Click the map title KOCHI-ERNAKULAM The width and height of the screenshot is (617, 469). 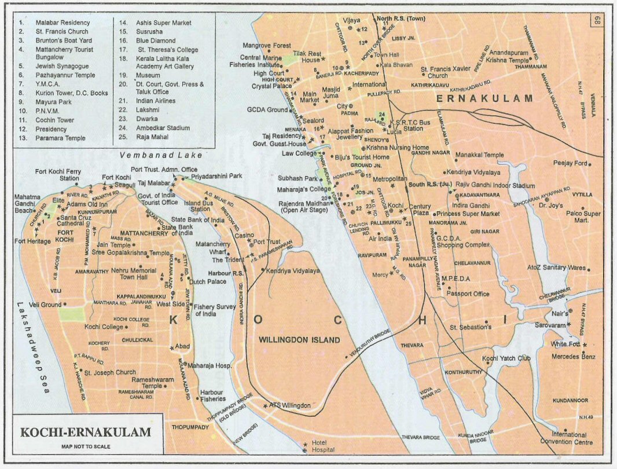coord(86,433)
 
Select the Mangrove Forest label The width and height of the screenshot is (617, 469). coord(267,45)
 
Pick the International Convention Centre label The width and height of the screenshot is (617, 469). coord(572,438)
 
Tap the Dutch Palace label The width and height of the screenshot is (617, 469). coord(207,282)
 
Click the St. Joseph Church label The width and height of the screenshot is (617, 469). coord(110,372)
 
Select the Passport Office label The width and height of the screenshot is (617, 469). coord(468,294)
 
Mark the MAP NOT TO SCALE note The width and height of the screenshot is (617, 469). coord(86,446)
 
